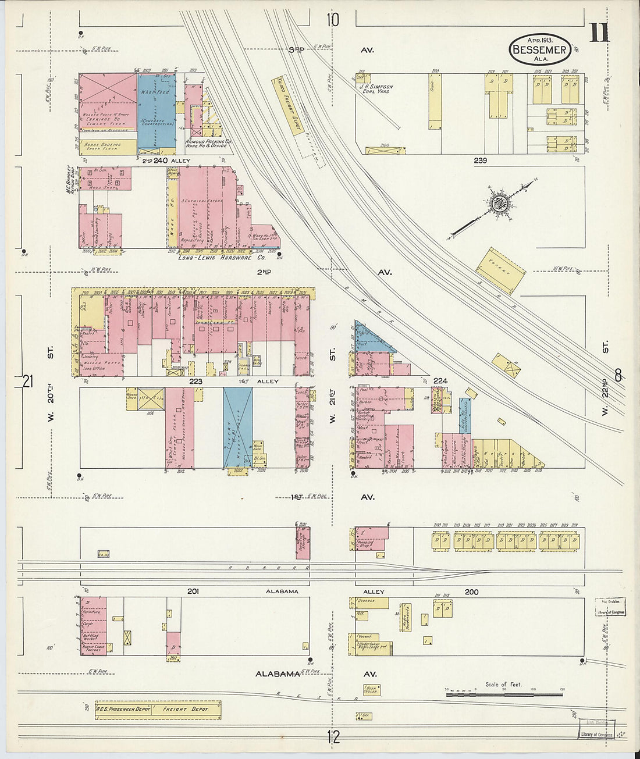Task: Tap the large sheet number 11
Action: click(x=599, y=33)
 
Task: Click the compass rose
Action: click(x=499, y=204)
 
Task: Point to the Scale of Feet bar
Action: click(x=504, y=692)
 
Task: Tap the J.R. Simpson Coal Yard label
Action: click(x=376, y=89)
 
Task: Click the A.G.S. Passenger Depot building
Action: click(x=124, y=709)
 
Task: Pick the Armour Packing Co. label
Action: click(x=208, y=143)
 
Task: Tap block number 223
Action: click(x=195, y=382)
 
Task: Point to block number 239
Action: click(x=480, y=161)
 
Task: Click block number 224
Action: click(x=440, y=382)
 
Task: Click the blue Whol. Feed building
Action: click(x=157, y=111)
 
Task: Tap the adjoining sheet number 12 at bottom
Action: click(x=333, y=737)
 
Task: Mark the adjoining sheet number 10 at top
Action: click(x=332, y=20)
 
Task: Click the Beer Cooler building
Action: click(x=371, y=690)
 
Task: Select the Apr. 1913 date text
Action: click(x=539, y=40)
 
